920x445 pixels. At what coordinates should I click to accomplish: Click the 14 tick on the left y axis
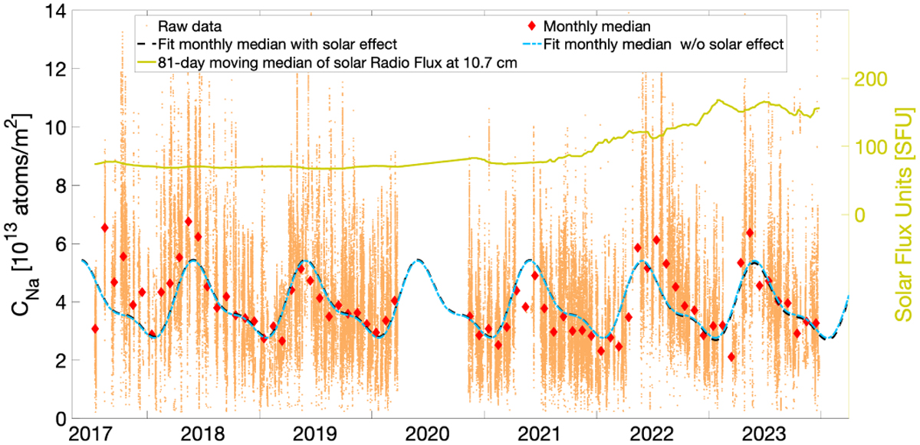tap(55, 11)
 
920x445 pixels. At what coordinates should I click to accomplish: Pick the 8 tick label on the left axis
tap(60, 185)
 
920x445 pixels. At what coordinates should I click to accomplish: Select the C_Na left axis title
tap(21, 214)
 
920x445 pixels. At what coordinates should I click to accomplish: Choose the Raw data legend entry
tap(182, 26)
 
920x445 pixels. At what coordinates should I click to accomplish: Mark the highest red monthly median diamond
tap(188, 221)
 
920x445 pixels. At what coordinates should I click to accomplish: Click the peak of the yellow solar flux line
tap(718, 100)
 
